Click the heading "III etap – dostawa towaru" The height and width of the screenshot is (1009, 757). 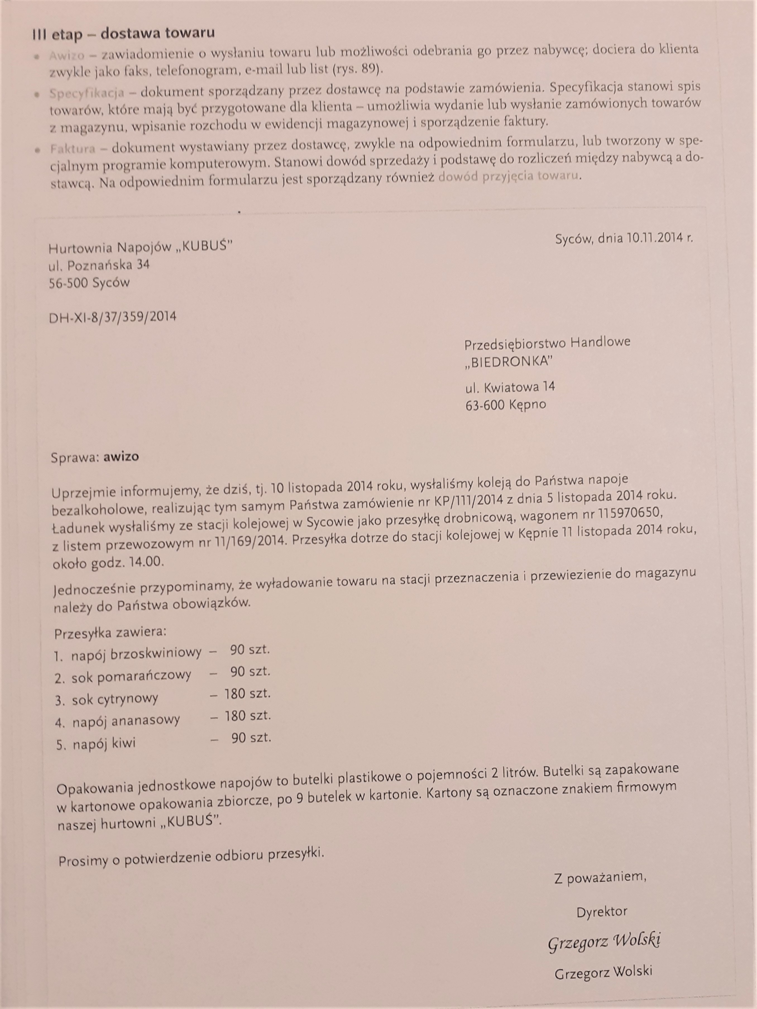click(123, 34)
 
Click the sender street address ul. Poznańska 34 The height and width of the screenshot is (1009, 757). click(99, 265)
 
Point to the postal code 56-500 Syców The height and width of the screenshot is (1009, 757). click(89, 283)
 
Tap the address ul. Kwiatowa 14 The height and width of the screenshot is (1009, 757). click(510, 387)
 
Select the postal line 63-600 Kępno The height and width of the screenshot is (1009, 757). click(505, 404)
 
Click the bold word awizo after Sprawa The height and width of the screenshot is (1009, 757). click(121, 457)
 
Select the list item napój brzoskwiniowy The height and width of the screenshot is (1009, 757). click(136, 654)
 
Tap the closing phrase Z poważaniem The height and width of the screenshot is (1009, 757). click(600, 877)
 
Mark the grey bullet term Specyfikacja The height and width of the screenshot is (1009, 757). click(87, 93)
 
